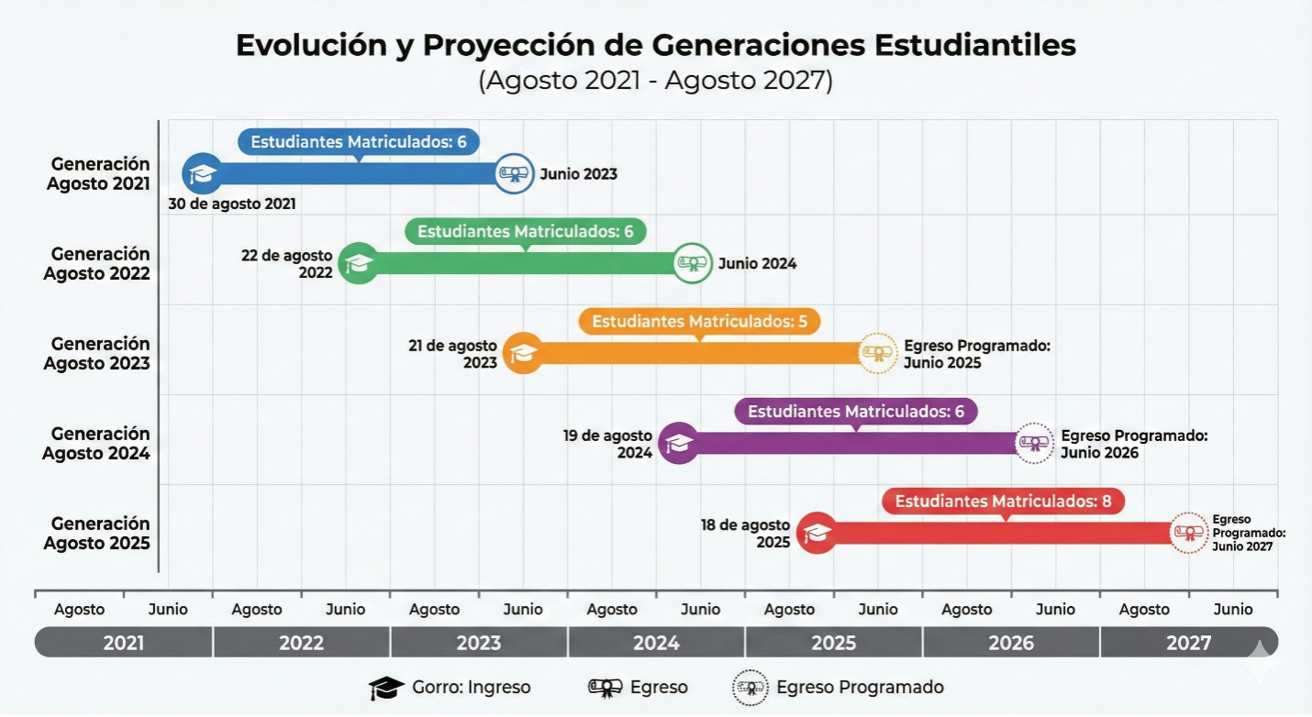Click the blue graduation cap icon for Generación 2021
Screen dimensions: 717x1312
202,173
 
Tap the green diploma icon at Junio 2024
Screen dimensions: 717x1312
693,263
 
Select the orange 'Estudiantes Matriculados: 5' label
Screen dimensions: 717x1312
699,322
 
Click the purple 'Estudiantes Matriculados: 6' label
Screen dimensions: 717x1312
856,412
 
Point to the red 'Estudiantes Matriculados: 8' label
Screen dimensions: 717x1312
1003,502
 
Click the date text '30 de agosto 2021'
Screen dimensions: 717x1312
231,204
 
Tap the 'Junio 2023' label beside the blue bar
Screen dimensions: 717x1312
578,174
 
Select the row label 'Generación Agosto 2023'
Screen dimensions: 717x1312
96,353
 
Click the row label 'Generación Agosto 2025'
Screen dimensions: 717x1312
96,533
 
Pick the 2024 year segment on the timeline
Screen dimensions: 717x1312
656,643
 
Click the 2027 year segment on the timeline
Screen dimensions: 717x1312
1188,643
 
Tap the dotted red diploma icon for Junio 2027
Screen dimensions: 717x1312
1189,532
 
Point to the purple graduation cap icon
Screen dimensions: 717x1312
679,443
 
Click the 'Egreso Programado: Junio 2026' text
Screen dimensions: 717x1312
1133,444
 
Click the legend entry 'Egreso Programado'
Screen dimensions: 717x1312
839,688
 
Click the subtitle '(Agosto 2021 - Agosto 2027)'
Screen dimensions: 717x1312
655,81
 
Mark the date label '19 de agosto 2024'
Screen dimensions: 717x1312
607,444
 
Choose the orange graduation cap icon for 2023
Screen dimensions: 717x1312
523,353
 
